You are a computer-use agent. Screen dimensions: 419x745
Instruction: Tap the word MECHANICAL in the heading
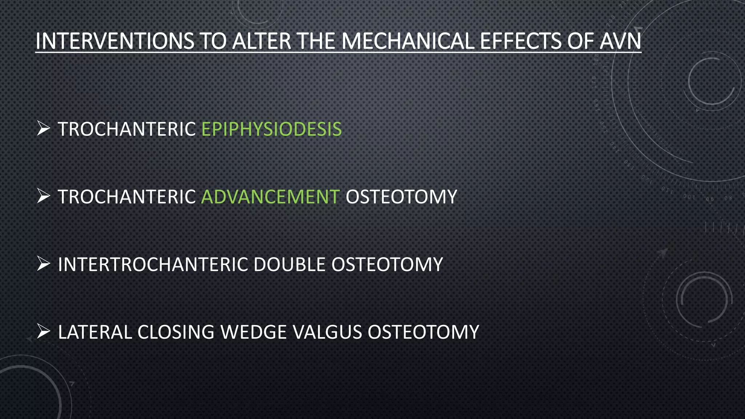(408, 41)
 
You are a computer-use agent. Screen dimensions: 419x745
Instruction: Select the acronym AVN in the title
(620, 41)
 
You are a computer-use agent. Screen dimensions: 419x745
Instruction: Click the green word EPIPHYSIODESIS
(271, 129)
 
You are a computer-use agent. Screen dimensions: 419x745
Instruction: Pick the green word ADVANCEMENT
(271, 197)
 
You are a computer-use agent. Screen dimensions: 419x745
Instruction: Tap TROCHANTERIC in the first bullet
(127, 129)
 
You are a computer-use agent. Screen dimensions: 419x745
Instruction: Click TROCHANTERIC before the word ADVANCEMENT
(127, 197)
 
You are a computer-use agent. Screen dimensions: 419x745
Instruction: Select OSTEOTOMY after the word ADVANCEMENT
(401, 197)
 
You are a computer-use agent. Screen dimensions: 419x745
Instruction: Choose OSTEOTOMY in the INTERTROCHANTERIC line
(387, 264)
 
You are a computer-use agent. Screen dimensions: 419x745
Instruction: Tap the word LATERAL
(95, 332)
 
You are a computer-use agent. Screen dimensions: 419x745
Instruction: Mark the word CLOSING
(176, 332)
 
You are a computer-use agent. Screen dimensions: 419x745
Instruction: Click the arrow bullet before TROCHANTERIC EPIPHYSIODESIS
(43, 129)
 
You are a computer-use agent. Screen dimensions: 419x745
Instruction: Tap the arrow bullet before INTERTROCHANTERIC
(43, 264)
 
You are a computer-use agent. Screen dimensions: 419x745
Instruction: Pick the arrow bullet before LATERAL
(43, 332)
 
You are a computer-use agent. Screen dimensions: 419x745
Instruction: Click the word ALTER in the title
(262, 41)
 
